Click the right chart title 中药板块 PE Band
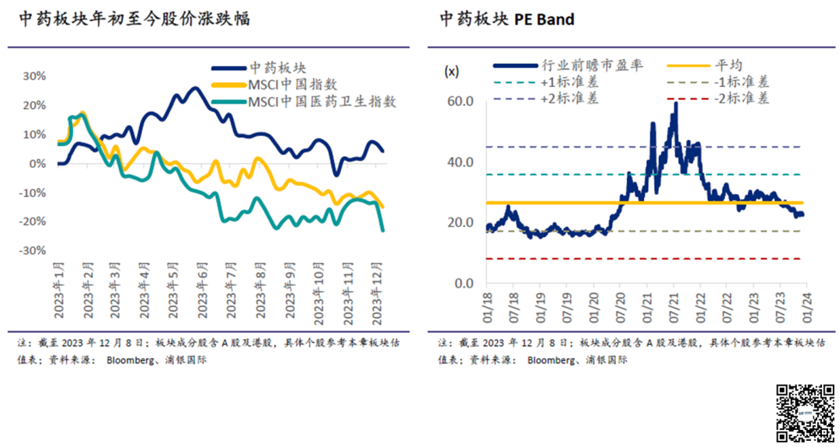[507, 19]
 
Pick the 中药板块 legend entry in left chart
[277, 68]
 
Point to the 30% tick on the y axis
[35, 76]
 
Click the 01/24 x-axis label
[806, 303]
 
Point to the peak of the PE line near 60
[676, 104]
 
